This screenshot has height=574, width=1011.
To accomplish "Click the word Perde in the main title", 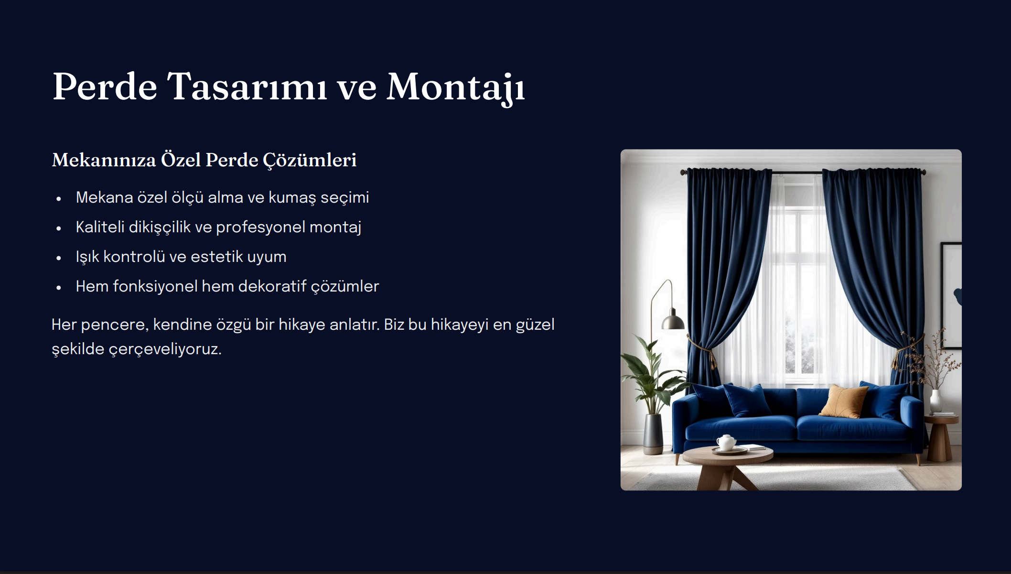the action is click(x=105, y=87).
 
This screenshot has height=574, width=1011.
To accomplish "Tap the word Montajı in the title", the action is click(x=455, y=88).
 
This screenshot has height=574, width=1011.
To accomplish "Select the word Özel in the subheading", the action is click(x=181, y=160).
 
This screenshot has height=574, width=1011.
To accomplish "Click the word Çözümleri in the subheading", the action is click(x=310, y=160).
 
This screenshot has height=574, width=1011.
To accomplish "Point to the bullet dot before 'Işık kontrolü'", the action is click(x=59, y=258).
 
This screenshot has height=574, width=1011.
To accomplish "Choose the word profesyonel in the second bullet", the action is click(x=260, y=227).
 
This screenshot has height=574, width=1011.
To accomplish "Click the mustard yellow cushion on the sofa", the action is click(x=844, y=400).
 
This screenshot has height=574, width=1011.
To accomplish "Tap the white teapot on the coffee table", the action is click(x=726, y=442).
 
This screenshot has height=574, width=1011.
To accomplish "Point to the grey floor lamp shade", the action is click(x=673, y=321).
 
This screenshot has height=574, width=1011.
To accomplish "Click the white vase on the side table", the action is click(x=936, y=401).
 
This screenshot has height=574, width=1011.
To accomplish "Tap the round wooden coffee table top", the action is click(x=728, y=454).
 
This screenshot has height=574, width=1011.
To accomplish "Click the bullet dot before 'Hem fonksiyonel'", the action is click(x=59, y=288).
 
